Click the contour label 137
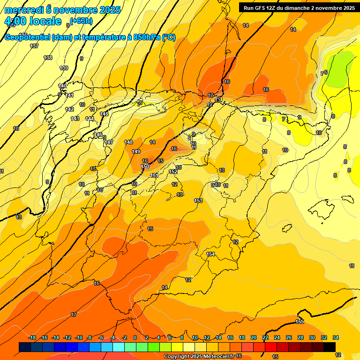[34, 46]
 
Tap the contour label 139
[64, 68]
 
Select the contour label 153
[198, 201]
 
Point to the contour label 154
[210, 254]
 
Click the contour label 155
[300, 322]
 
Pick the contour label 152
[173, 172]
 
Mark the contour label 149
[136, 151]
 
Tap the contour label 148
[128, 142]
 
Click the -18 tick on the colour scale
[32, 337]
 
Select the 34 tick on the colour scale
[336, 337]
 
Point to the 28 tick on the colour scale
[300, 337]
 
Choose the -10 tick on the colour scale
[79, 337]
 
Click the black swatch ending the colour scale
[329, 347]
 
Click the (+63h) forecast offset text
[81, 20]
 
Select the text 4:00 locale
[33, 21]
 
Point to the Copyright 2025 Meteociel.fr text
[198, 357]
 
